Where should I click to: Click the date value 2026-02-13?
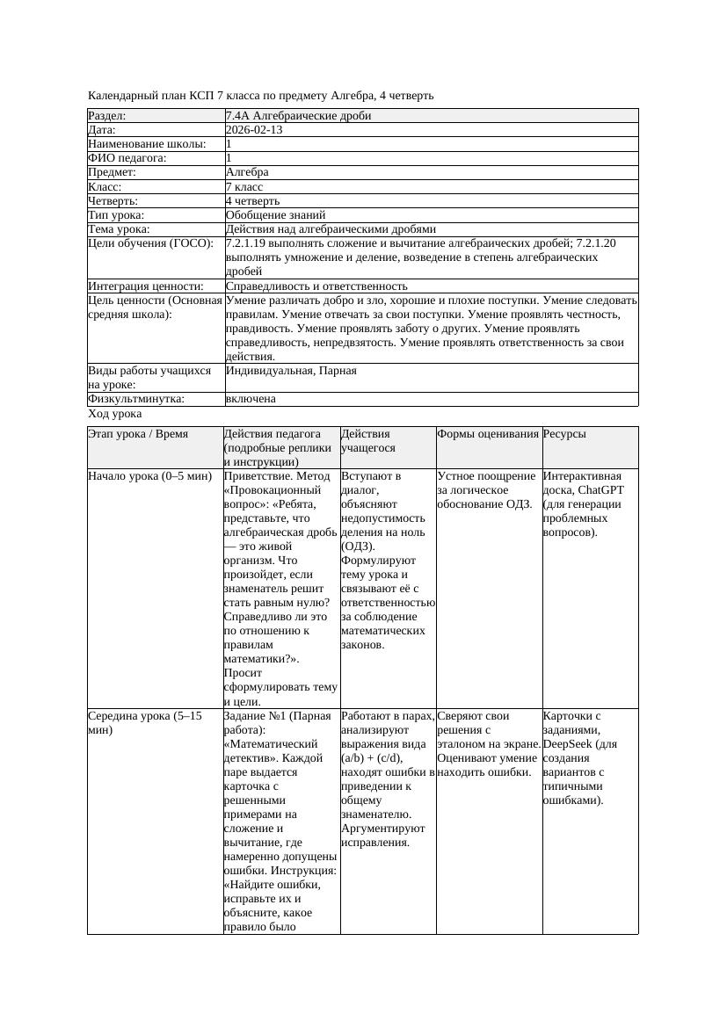tap(254, 130)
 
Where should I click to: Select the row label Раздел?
tap(107, 116)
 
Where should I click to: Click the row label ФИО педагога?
tap(128, 158)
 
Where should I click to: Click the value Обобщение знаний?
tap(275, 215)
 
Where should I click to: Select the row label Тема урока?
tap(119, 229)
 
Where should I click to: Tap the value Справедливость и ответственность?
tap(316, 286)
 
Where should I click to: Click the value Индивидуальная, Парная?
tap(291, 371)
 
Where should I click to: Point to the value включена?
tap(251, 399)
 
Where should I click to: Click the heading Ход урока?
tap(115, 414)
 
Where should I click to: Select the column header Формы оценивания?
tap(488, 434)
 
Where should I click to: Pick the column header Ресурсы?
tap(564, 434)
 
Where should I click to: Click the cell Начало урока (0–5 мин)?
tap(150, 476)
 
